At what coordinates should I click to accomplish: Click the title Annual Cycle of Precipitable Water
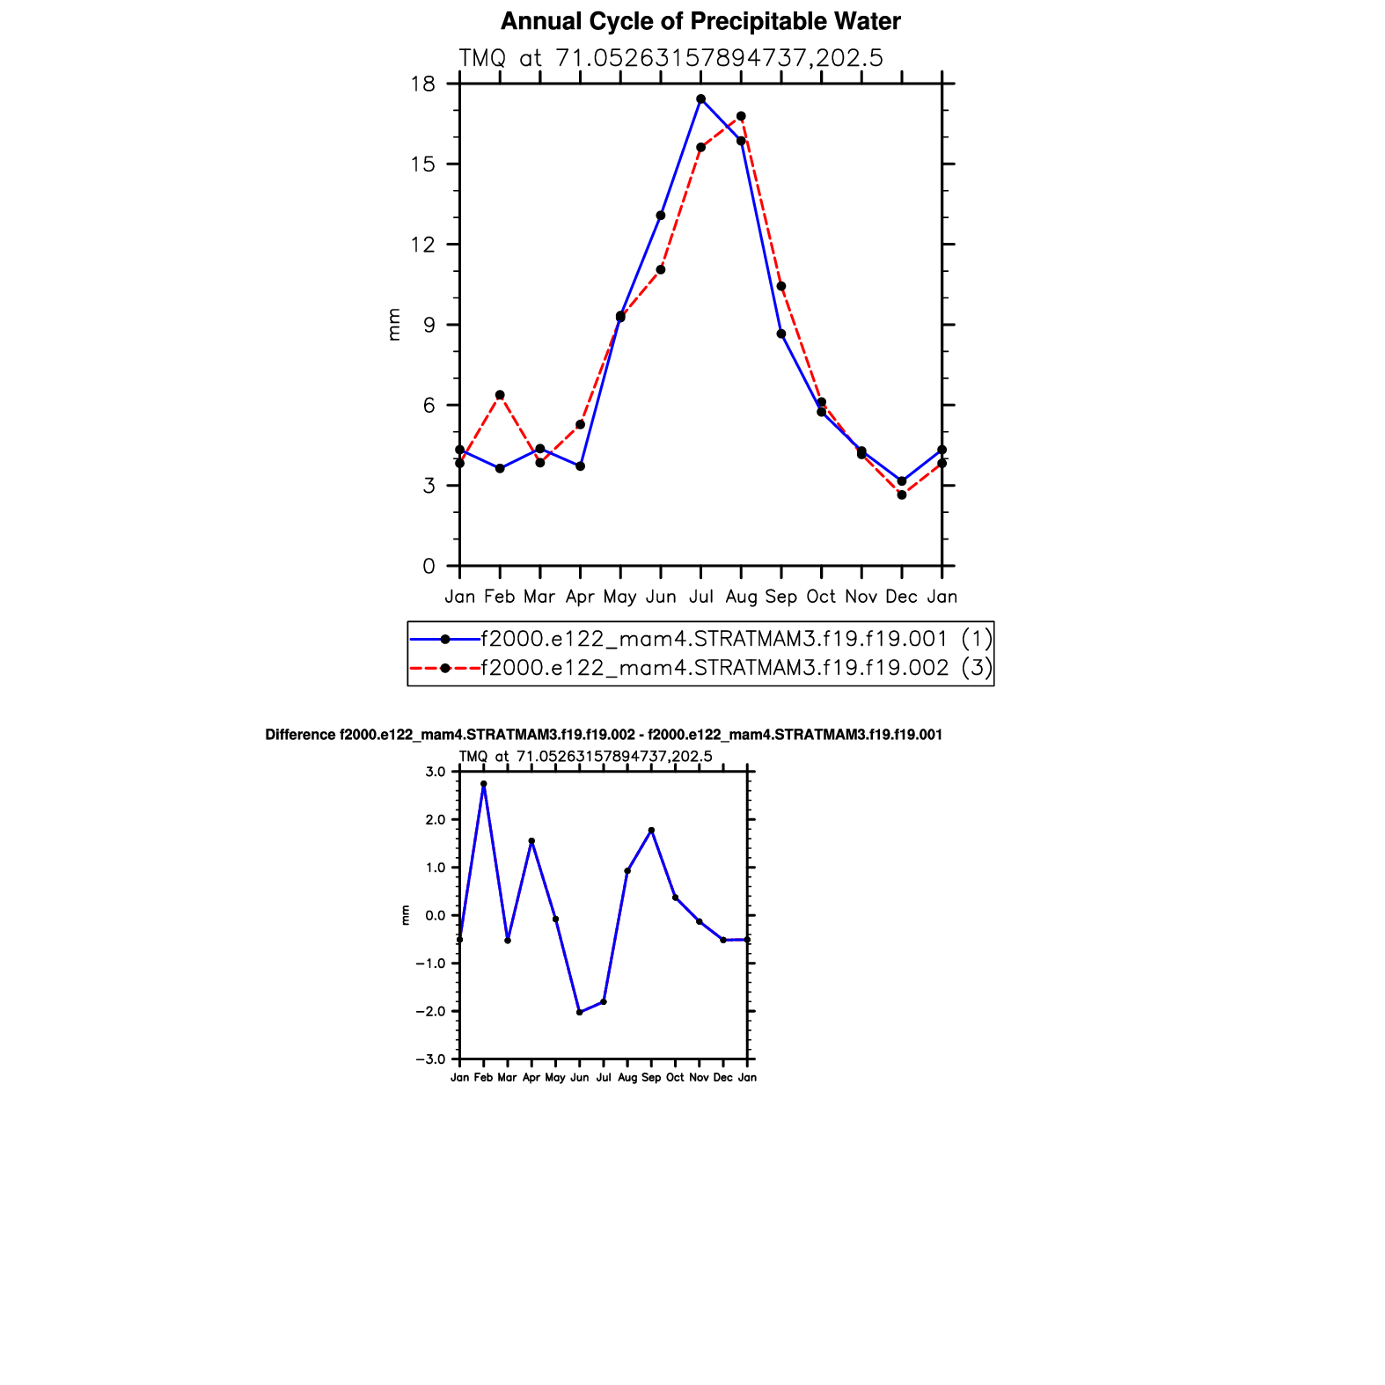pyautogui.click(x=700, y=22)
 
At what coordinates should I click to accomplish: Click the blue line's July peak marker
pyautogui.click(x=700, y=99)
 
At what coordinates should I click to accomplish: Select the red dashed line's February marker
pyautogui.click(x=500, y=395)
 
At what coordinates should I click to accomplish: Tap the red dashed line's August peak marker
pyautogui.click(x=741, y=116)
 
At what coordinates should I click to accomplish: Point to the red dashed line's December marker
pyautogui.click(x=902, y=495)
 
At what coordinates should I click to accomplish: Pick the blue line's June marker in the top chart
pyautogui.click(x=661, y=216)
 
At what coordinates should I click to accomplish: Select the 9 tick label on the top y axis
pyautogui.click(x=429, y=326)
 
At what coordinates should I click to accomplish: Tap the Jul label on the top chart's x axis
pyautogui.click(x=701, y=597)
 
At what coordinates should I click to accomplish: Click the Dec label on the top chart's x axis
pyautogui.click(x=901, y=597)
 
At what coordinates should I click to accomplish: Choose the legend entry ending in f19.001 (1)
pyautogui.click(x=714, y=639)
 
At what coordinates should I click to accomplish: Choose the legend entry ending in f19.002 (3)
pyautogui.click(x=714, y=669)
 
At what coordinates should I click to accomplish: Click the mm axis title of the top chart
pyautogui.click(x=394, y=325)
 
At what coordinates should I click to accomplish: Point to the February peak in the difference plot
pyautogui.click(x=484, y=784)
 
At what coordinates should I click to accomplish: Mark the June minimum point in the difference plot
pyautogui.click(x=580, y=1013)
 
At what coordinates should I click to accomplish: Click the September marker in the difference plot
pyautogui.click(x=651, y=831)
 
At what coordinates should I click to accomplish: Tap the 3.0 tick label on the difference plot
pyautogui.click(x=436, y=773)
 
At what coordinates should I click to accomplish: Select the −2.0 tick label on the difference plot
pyautogui.click(x=432, y=1012)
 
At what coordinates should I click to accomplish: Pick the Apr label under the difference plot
pyautogui.click(x=531, y=1078)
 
